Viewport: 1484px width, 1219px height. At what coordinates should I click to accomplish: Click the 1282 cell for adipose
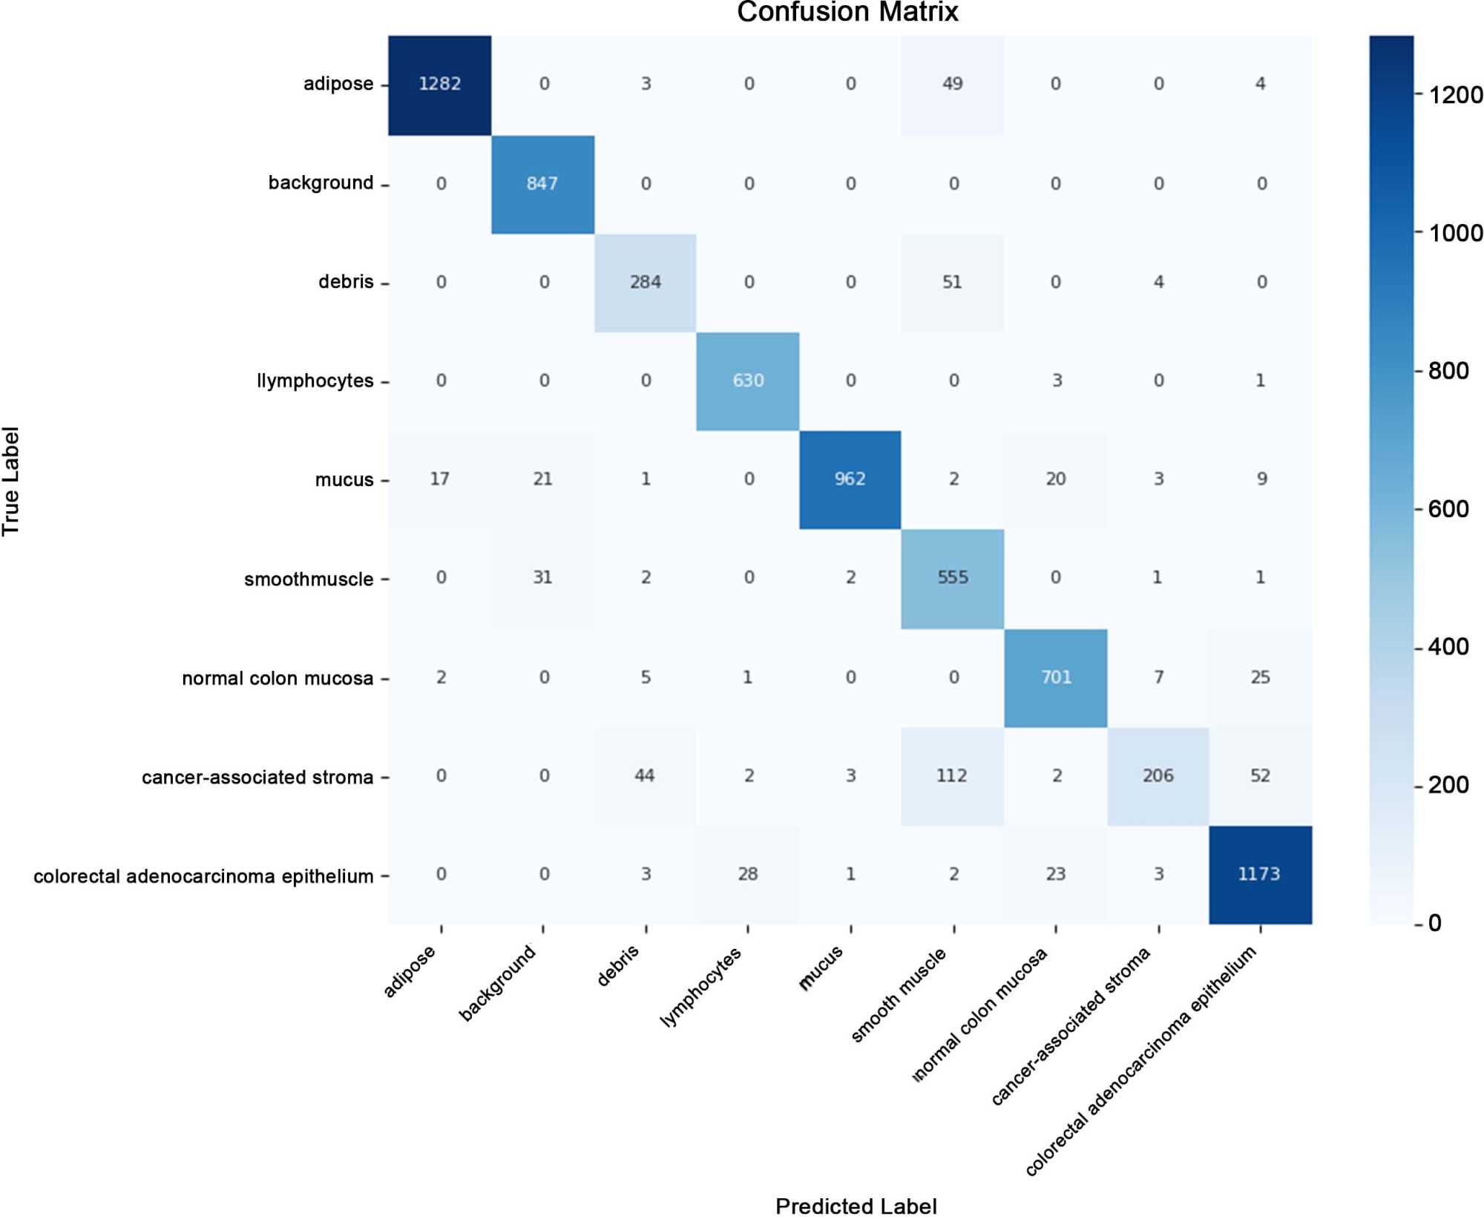click(x=440, y=84)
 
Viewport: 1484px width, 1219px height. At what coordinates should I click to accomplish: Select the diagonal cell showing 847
click(x=542, y=183)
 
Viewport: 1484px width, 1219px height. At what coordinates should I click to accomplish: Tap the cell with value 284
click(x=646, y=282)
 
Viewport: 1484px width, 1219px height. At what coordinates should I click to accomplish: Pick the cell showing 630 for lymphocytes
click(x=748, y=381)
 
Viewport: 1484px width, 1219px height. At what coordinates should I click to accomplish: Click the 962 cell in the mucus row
click(x=850, y=479)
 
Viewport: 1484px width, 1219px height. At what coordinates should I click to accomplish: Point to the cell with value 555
click(x=953, y=578)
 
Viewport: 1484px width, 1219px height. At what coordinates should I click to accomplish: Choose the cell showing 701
click(x=1056, y=677)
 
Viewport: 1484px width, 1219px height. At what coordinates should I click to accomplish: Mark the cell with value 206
click(x=1158, y=776)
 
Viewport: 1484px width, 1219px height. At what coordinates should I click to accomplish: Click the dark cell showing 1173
click(x=1260, y=875)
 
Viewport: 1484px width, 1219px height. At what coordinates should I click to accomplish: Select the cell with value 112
click(x=953, y=776)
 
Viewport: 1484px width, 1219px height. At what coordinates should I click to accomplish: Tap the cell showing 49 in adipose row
click(x=953, y=84)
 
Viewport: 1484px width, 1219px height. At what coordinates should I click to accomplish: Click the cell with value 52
click(x=1260, y=776)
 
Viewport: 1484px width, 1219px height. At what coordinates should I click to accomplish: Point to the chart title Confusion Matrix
click(x=847, y=13)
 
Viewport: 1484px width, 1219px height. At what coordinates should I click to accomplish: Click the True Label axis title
click(x=11, y=481)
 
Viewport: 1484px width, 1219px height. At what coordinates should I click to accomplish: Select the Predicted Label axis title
click(x=856, y=1206)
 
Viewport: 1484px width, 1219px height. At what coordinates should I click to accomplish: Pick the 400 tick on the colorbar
click(x=1448, y=647)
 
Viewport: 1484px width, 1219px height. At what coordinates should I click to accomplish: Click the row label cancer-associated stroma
click(x=257, y=778)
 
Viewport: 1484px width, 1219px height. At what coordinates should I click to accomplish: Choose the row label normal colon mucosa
click(x=278, y=679)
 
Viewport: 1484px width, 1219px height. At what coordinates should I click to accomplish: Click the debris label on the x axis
click(x=618, y=967)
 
